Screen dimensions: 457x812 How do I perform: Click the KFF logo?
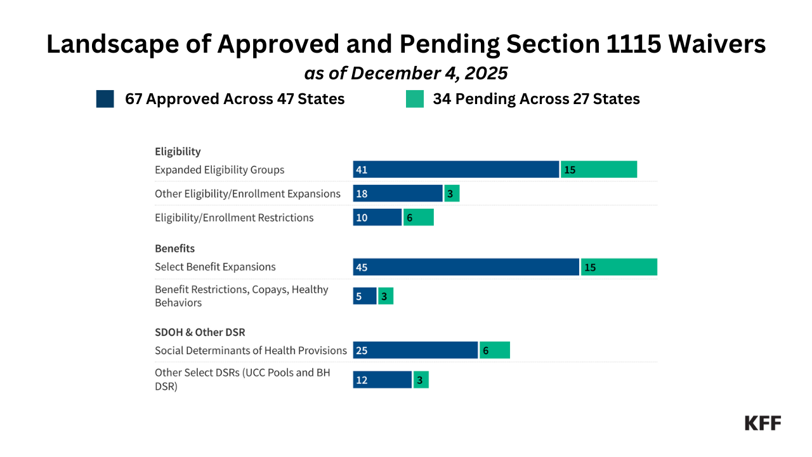click(x=763, y=423)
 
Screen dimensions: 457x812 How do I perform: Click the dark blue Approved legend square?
click(x=105, y=99)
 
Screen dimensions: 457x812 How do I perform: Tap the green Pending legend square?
click(x=414, y=99)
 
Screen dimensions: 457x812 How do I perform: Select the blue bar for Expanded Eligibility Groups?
click(x=455, y=169)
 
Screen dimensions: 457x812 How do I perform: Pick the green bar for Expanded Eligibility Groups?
click(x=598, y=169)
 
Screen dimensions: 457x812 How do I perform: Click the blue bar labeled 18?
click(x=397, y=194)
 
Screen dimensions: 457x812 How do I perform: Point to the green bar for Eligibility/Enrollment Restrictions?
click(x=418, y=218)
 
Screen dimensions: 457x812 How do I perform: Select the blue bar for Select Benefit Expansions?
click(x=466, y=267)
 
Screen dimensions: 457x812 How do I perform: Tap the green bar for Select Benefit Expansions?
click(x=619, y=267)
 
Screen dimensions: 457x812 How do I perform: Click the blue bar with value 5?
click(x=365, y=296)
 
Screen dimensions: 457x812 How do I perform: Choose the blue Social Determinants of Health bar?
click(x=415, y=350)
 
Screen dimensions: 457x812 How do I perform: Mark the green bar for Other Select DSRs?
click(x=421, y=380)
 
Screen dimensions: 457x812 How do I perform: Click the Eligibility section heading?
click(x=178, y=152)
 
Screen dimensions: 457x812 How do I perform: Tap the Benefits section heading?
click(x=174, y=248)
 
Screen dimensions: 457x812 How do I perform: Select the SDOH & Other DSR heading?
click(x=200, y=332)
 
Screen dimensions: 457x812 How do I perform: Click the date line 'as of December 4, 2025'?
click(x=406, y=73)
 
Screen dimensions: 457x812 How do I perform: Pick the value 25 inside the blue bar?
click(x=362, y=350)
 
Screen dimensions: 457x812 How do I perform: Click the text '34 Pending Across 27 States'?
click(x=536, y=99)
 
